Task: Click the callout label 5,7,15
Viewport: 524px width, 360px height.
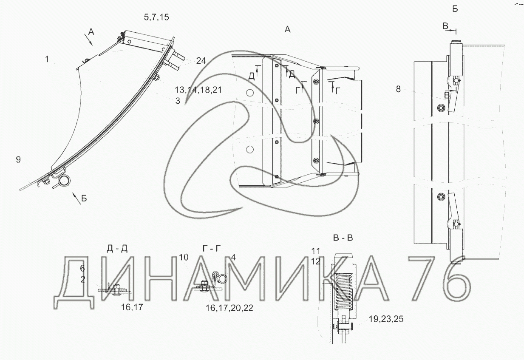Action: coord(156,17)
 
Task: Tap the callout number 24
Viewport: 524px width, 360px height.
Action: coord(201,61)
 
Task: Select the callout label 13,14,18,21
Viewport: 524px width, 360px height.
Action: coord(198,90)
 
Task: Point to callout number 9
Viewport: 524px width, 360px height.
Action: coord(18,159)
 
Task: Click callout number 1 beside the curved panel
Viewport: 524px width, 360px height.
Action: coord(47,59)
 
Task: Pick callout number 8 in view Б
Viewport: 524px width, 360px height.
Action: coord(398,89)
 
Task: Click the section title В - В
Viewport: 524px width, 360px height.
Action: coord(343,238)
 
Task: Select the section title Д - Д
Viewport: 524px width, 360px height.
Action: coord(117,249)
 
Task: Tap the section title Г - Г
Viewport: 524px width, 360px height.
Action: coord(212,249)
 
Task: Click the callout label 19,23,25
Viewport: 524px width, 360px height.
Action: coord(386,319)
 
